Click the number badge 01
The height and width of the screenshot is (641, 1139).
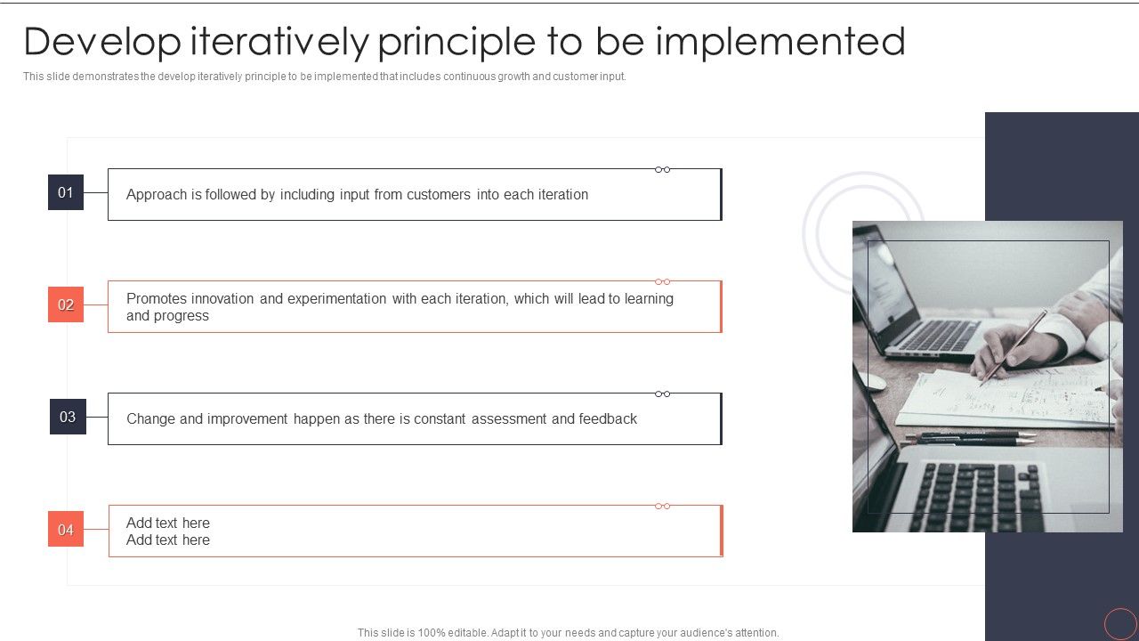(66, 192)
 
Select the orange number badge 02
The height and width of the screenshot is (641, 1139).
(66, 304)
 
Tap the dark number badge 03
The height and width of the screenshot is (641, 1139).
(68, 417)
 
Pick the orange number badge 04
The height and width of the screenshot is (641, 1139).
(66, 530)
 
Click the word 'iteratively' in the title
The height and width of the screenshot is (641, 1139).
(279, 42)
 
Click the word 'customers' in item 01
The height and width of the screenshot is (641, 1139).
(439, 195)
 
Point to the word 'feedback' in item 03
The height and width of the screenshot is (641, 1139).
(608, 419)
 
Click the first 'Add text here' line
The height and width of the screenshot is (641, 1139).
(168, 523)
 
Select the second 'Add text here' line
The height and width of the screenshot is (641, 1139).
(168, 540)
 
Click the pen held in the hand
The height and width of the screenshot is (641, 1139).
(1014, 346)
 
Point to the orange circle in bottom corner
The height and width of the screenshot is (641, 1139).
(1120, 623)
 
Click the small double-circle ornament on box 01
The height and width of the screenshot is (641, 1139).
(663, 169)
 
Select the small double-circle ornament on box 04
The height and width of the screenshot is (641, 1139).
(663, 506)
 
